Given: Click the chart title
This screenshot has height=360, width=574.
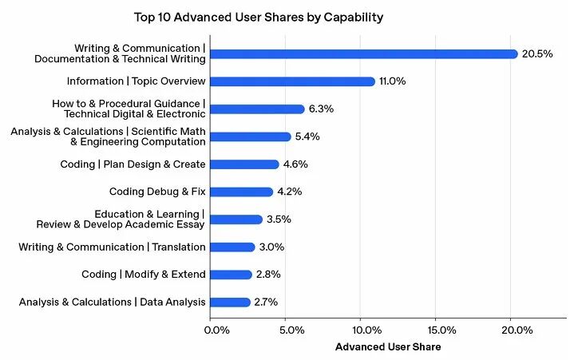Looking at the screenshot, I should tap(248, 16).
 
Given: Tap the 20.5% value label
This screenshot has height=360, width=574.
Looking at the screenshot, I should tap(537, 54).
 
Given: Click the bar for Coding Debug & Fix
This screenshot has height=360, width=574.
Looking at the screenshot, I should tap(243, 192).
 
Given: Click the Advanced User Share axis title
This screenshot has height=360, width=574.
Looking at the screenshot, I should tap(388, 347).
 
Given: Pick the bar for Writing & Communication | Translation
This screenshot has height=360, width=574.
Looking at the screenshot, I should tap(233, 247).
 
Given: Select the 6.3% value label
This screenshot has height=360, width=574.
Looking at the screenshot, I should tap(322, 109).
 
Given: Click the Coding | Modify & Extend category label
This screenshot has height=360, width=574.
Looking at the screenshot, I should tap(144, 275).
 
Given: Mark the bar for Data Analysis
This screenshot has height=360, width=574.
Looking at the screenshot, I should tap(232, 303).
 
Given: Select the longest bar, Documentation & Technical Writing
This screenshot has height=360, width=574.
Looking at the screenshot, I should tap(364, 54).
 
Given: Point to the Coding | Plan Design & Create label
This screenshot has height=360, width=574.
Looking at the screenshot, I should tap(133, 164).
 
